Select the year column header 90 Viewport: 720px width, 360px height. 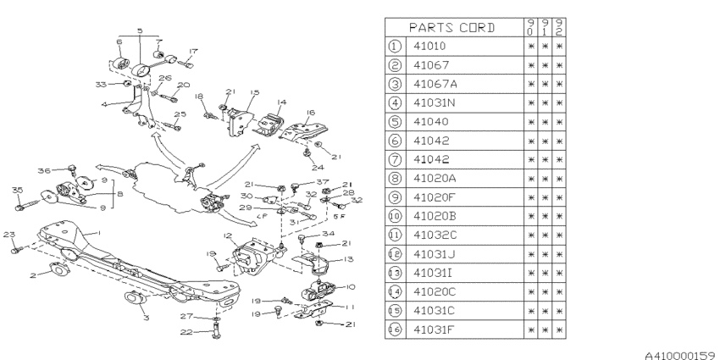click(x=529, y=26)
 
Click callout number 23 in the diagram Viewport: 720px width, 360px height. click(x=8, y=235)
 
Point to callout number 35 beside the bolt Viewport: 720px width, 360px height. click(x=16, y=190)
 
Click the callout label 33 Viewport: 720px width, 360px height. click(x=100, y=84)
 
